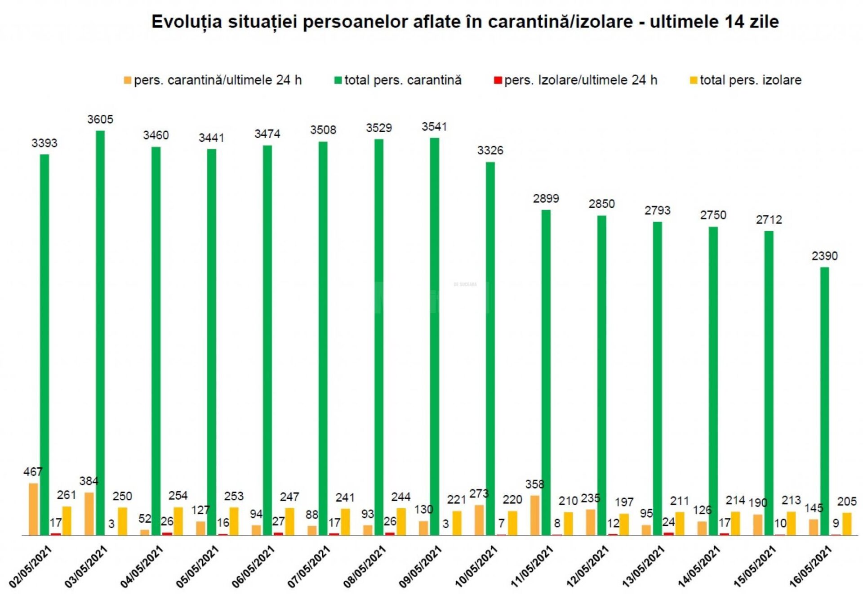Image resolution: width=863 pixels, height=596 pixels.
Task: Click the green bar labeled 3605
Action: pos(100,333)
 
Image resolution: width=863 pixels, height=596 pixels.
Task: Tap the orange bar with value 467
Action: pos(33,509)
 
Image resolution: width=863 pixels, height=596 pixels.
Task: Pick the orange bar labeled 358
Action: pos(535,515)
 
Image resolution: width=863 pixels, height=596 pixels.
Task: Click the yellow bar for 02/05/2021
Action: pos(67,521)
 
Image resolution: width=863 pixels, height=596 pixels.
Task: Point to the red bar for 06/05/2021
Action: pos(279,534)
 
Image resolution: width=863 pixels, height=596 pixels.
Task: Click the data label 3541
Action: pos(434,127)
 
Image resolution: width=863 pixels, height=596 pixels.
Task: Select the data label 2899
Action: pos(546,198)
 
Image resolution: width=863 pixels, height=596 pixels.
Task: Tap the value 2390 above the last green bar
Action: pos(824,256)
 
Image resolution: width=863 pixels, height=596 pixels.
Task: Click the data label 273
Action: pos(479,493)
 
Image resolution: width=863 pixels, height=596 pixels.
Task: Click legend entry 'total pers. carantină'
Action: pos(403,80)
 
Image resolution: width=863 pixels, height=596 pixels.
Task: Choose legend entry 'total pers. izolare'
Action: pos(750,80)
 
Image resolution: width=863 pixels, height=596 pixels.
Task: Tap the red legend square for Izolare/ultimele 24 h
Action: pos(498,81)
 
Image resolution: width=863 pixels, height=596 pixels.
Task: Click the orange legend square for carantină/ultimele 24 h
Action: pos(128,81)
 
